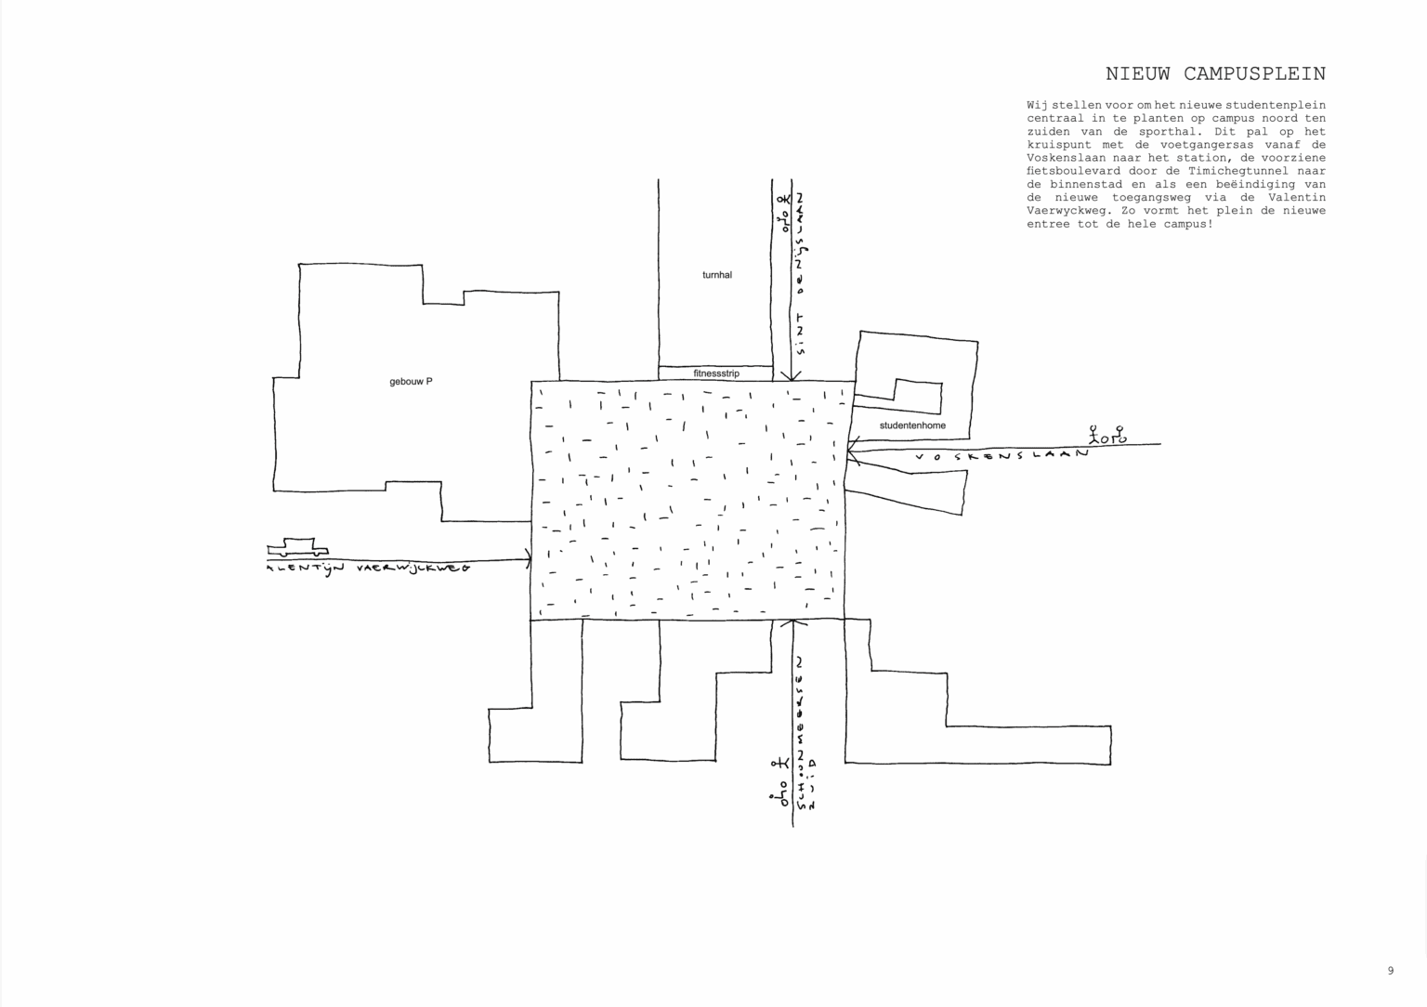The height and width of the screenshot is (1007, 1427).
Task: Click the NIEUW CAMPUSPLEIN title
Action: pyautogui.click(x=1215, y=74)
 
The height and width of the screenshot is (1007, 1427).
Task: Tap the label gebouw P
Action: pyautogui.click(x=411, y=382)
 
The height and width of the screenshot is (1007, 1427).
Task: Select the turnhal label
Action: pyautogui.click(x=716, y=275)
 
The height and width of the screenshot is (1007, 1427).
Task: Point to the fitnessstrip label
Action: pyautogui.click(x=716, y=373)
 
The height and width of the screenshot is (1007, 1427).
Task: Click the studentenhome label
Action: pyautogui.click(x=912, y=425)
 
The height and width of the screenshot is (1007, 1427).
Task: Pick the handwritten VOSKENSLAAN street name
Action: pyautogui.click(x=1001, y=456)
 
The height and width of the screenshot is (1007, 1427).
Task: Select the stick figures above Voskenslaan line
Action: pyautogui.click(x=1108, y=434)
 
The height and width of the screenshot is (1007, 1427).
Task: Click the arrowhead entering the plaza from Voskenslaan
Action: pyautogui.click(x=851, y=452)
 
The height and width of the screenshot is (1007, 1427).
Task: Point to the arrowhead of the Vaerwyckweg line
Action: pyautogui.click(x=528, y=558)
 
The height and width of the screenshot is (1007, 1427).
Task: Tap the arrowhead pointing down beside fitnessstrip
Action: pyautogui.click(x=791, y=375)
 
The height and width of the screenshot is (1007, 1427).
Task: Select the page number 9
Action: pyautogui.click(x=1391, y=971)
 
